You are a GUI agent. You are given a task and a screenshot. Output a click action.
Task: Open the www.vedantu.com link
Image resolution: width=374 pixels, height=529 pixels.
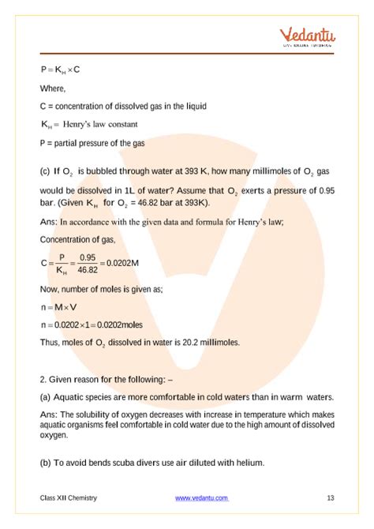201,498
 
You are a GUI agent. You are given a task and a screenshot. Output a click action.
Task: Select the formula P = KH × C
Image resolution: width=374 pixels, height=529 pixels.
61,69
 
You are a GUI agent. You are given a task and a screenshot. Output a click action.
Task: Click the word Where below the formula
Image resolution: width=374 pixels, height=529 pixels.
54,88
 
